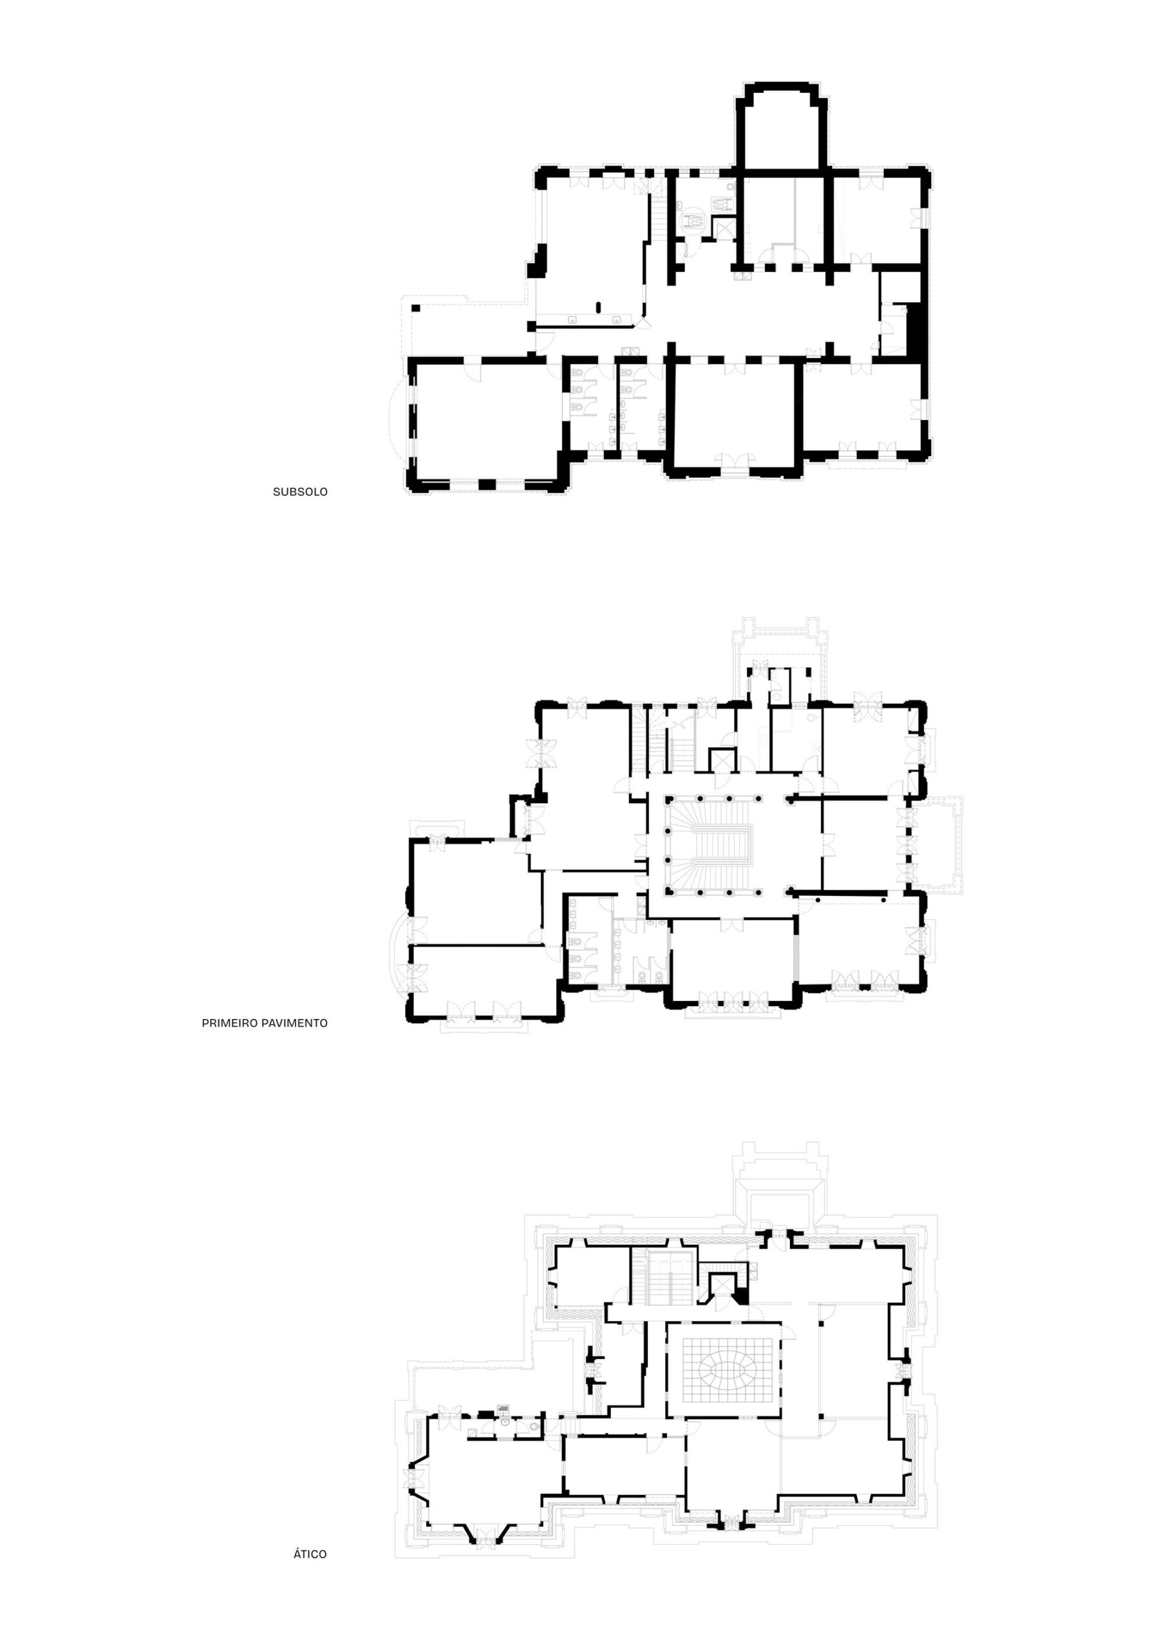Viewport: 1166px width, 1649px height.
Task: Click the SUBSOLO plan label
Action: click(300, 492)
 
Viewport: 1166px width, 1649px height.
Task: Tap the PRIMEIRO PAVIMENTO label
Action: click(265, 1023)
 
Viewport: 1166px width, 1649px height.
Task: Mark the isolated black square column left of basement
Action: click(416, 307)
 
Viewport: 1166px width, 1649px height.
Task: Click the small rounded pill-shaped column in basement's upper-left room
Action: click(599, 307)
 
